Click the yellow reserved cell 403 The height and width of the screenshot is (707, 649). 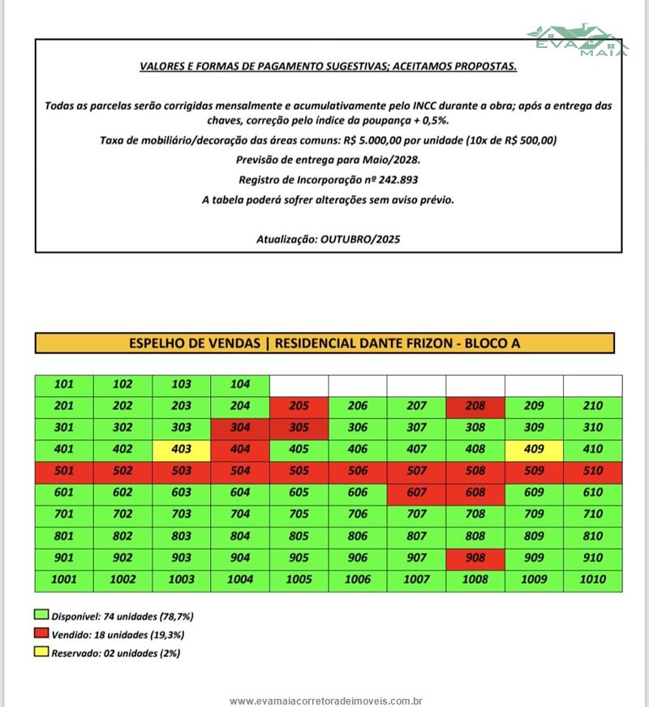coord(181,449)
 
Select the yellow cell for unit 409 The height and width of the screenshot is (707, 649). coord(534,449)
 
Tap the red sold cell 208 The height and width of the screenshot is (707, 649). coord(475,406)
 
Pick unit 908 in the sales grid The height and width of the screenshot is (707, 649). coord(475,558)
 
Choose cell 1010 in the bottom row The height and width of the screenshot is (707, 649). coord(593,580)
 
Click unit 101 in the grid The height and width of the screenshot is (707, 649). coord(64,384)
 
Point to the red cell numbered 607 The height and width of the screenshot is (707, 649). coord(416,492)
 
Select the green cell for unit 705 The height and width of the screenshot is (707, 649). coord(299,514)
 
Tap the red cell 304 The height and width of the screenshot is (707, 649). coord(240,428)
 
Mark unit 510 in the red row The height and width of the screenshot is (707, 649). coord(593,471)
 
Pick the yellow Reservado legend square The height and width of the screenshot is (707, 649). coord(41,652)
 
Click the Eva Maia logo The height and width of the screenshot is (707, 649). coord(577,38)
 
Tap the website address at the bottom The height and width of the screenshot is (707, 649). coord(326,701)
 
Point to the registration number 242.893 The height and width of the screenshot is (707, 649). coord(397,180)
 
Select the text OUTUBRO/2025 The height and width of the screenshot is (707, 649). coord(360,239)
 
